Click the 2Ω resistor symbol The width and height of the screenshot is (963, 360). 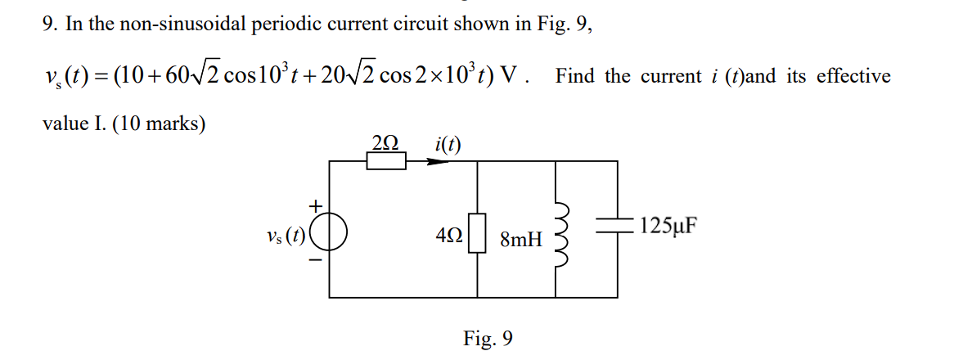click(385, 161)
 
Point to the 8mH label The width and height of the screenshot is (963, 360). click(520, 240)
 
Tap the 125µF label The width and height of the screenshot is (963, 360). click(668, 225)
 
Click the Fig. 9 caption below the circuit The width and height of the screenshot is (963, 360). click(488, 338)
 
